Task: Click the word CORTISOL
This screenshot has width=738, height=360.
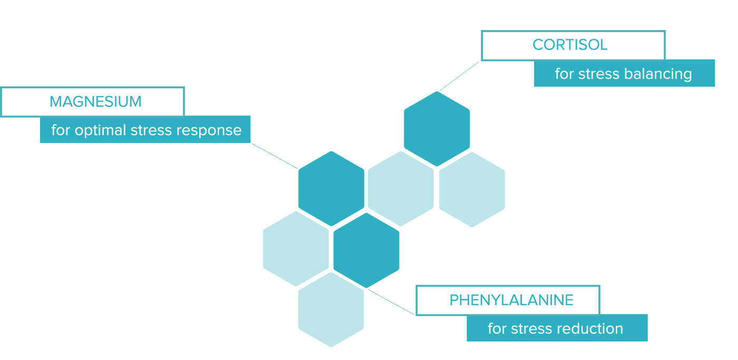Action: tap(570, 45)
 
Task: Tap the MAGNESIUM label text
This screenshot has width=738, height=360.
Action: tap(95, 101)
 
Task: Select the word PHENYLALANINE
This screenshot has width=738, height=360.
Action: tap(512, 300)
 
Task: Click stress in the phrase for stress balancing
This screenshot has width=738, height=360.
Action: tap(599, 74)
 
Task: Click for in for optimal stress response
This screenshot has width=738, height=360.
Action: tap(61, 130)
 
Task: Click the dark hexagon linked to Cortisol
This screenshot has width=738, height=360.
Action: tap(437, 129)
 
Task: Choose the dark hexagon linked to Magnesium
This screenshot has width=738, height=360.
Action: tap(332, 189)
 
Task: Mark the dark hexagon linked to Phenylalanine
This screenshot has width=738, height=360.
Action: tap(366, 250)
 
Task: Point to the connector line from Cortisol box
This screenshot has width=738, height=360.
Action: tap(459, 76)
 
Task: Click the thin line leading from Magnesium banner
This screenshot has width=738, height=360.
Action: tap(275, 156)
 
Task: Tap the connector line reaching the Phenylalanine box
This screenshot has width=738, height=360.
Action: tap(391, 303)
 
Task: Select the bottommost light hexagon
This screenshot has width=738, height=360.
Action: tap(331, 309)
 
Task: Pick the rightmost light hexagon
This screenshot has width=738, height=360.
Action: tap(472, 190)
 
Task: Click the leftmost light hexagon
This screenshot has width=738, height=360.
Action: tap(296, 249)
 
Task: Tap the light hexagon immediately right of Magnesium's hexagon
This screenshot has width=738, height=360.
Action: tap(401, 189)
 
